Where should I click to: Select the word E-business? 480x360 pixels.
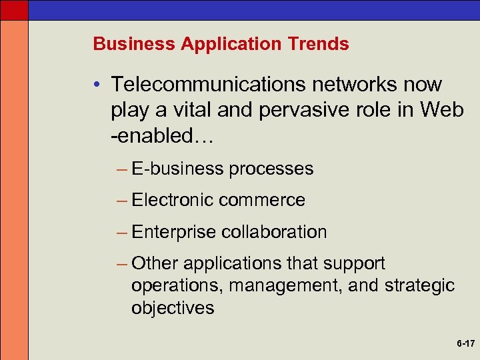[x=177, y=169]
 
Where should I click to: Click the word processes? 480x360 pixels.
[x=271, y=169]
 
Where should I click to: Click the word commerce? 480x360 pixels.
[x=261, y=200]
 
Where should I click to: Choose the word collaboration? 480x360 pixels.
[x=274, y=231]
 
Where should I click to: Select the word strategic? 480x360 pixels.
[x=419, y=286]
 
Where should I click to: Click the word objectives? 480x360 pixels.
[x=173, y=308]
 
